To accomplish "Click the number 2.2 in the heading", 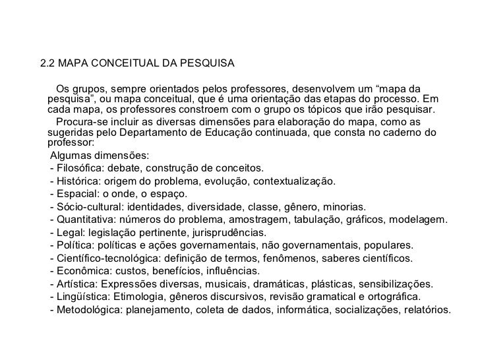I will [x=47, y=65].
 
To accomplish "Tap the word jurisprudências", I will [x=227, y=232].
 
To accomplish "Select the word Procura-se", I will [x=83, y=121].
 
